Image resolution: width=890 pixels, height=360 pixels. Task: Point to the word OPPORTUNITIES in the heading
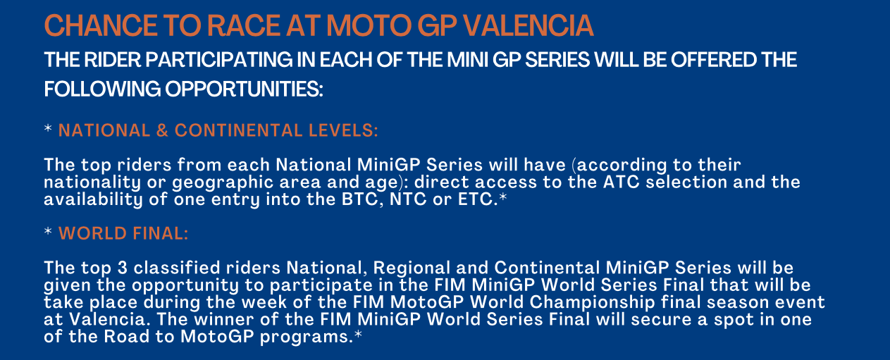244,89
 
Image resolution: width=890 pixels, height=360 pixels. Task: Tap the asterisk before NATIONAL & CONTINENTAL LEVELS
48,128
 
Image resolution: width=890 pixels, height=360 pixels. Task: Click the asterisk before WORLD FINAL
48,231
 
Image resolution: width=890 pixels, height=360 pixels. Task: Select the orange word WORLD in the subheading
92,233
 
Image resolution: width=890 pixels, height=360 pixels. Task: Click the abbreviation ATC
621,182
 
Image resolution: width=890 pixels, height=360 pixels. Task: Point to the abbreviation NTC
408,199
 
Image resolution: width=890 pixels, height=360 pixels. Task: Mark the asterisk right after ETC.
503,197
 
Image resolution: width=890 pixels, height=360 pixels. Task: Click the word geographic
223,183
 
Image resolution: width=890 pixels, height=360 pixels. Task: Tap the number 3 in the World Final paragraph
122,268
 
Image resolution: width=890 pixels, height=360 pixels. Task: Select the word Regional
412,268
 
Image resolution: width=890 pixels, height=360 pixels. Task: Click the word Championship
593,303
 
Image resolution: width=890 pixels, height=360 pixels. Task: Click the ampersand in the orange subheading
162,131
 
